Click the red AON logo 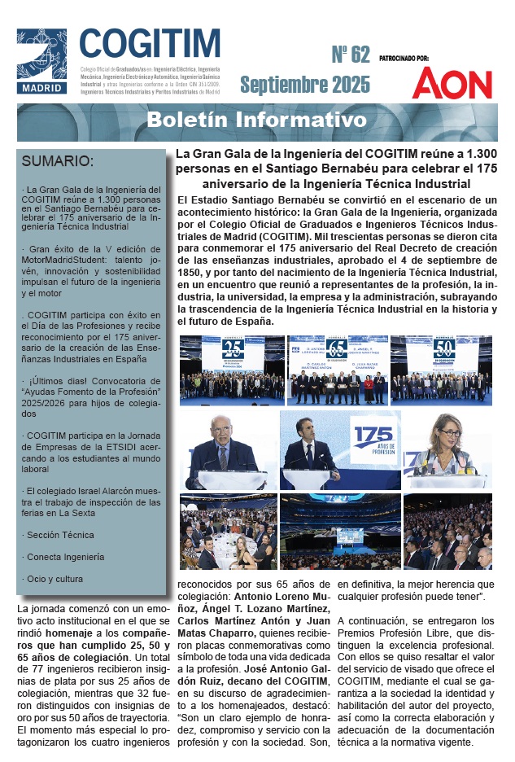[x=452, y=83]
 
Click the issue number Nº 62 [x=350, y=55]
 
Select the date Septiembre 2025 [x=304, y=84]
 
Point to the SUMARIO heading [x=58, y=160]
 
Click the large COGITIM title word [x=150, y=42]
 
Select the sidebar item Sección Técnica [x=59, y=535]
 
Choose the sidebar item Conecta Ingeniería [x=65, y=557]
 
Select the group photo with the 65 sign [x=336, y=370]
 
